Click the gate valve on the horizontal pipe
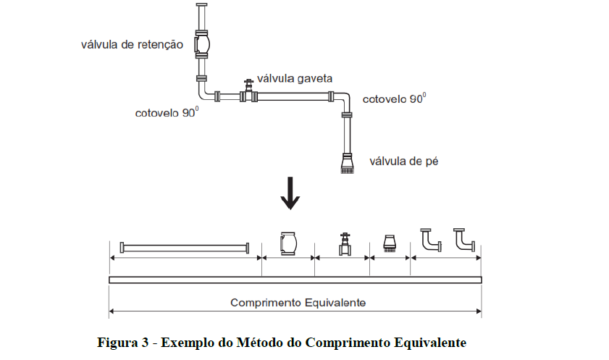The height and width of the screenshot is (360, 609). pos(248,93)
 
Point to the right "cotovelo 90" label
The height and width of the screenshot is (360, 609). pos(394,99)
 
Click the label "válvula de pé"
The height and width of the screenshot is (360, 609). pos(404,161)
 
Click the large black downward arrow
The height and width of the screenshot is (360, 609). pos(290,193)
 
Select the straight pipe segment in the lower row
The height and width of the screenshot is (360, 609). pos(185,248)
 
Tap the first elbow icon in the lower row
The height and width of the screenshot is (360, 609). pos(431,240)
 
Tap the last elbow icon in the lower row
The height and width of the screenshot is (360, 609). pos(464,240)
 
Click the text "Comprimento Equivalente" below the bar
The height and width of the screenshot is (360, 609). pos(298,302)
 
